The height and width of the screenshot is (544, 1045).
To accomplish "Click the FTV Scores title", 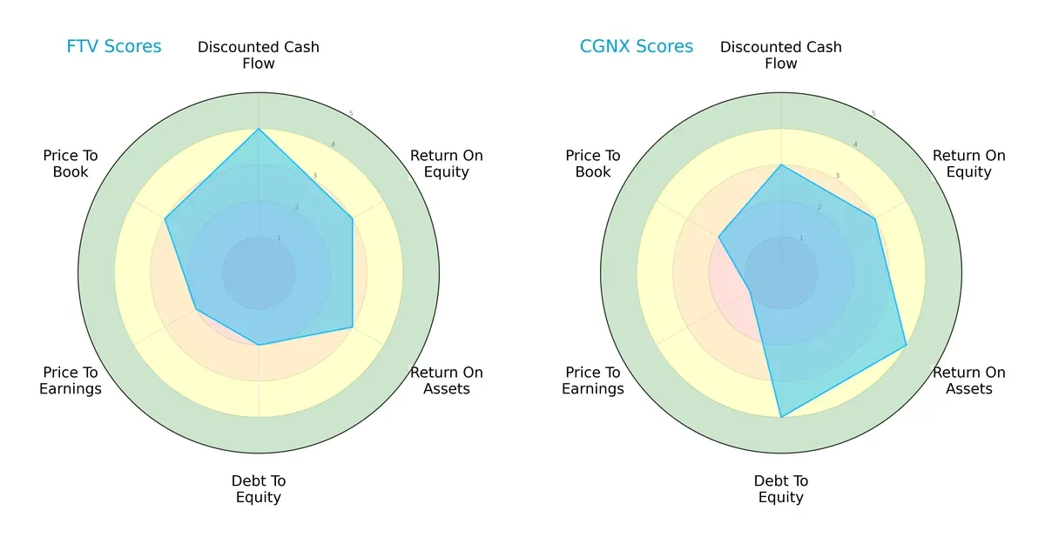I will [x=114, y=47].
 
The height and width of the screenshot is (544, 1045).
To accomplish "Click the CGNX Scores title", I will [x=637, y=47].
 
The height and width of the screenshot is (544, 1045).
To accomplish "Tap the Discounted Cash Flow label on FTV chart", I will [x=259, y=55].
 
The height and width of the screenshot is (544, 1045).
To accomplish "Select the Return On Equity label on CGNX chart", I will [x=968, y=164].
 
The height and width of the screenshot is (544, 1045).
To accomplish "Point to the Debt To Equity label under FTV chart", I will [x=259, y=489].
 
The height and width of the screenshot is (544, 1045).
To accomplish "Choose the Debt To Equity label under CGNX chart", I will [x=781, y=489].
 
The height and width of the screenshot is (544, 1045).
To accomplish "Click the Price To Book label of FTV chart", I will [x=71, y=164].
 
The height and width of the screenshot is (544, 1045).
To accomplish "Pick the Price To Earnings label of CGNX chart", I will [x=593, y=380].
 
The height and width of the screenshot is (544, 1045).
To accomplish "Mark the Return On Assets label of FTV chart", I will [x=446, y=380].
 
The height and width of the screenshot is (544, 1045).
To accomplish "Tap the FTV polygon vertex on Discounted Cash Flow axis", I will [x=259, y=129].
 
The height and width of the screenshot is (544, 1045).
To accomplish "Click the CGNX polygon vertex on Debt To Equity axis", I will [x=781, y=417].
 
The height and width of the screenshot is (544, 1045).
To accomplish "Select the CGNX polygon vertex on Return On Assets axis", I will [x=906, y=346].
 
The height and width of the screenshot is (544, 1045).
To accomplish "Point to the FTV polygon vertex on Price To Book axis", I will [x=165, y=219].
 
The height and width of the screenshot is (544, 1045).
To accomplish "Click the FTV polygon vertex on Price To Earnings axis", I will [x=196, y=309].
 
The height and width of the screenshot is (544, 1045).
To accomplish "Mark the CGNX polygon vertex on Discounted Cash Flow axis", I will [x=781, y=165].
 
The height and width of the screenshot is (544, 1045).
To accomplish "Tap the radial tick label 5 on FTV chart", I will [x=351, y=114].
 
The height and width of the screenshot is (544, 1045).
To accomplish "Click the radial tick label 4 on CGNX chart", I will [x=854, y=145].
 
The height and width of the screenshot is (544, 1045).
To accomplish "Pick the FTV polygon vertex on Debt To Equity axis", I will [x=259, y=345].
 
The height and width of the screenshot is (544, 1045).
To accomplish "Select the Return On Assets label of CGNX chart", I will [x=968, y=380].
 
